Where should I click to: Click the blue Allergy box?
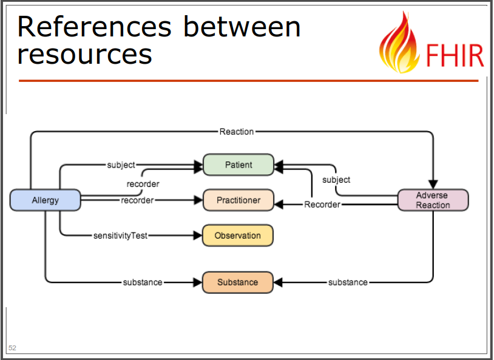(x=46, y=200)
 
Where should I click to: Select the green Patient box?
(x=239, y=165)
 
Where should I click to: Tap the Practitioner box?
(x=239, y=200)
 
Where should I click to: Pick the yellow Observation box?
(x=237, y=236)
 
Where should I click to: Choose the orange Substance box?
(x=237, y=282)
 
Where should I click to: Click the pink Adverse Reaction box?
(x=433, y=200)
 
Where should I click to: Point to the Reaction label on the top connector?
(x=237, y=132)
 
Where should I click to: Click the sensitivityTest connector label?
(x=120, y=236)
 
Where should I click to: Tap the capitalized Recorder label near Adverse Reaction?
(x=322, y=205)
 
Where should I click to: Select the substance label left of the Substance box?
(x=143, y=282)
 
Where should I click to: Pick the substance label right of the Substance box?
(x=348, y=282)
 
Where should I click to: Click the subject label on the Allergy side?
(x=121, y=165)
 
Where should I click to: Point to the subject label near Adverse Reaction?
(x=336, y=180)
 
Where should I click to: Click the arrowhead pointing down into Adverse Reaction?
(x=433, y=185)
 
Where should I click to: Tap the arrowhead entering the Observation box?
(x=198, y=236)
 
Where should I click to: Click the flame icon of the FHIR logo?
(x=399, y=42)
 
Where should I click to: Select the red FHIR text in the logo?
(x=455, y=55)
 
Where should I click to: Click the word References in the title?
(x=95, y=27)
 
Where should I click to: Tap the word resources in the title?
(x=85, y=54)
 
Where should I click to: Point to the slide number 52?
(x=12, y=348)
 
